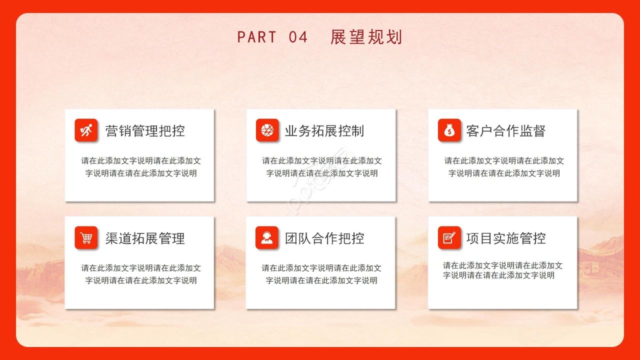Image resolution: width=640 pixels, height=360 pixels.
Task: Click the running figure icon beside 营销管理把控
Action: click(x=86, y=130)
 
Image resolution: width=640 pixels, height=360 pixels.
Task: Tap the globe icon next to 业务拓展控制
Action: click(x=267, y=130)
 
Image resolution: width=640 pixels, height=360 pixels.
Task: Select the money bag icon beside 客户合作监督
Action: click(x=449, y=130)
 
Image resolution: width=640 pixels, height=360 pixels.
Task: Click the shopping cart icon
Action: click(x=86, y=238)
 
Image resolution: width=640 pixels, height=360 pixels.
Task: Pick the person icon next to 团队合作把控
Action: click(x=266, y=238)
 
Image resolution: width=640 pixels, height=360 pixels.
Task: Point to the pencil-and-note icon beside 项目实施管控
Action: click(x=449, y=238)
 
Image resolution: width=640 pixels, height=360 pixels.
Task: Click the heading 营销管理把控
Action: click(x=145, y=131)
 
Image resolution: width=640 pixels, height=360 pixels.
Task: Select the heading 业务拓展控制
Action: click(x=324, y=131)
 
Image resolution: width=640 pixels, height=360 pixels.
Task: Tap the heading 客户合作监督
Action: click(x=505, y=131)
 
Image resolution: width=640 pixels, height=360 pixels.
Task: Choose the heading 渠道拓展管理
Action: click(x=145, y=238)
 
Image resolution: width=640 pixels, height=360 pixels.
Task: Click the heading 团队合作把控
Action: click(x=324, y=238)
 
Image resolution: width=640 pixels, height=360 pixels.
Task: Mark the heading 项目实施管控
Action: click(x=505, y=238)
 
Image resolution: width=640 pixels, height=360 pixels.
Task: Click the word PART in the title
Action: click(x=256, y=37)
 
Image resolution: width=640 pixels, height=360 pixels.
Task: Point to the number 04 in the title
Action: click(x=298, y=37)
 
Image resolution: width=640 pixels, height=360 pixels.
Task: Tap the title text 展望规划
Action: click(x=366, y=37)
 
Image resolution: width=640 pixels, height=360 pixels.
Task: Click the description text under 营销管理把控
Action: click(x=141, y=167)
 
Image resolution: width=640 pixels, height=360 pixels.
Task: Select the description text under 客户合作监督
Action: click(x=504, y=167)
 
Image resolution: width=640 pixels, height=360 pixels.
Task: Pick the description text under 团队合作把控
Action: click(x=321, y=274)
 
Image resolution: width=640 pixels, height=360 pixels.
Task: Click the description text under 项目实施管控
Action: click(x=502, y=270)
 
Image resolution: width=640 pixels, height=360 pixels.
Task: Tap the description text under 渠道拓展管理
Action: click(x=141, y=274)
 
